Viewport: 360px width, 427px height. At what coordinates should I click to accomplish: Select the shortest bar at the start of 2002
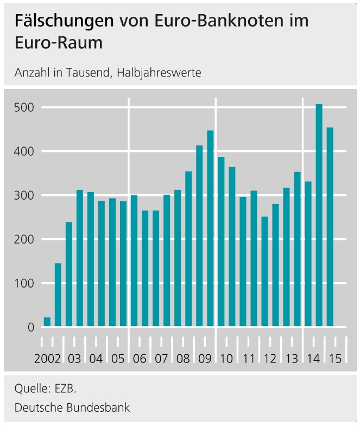click(x=47, y=322)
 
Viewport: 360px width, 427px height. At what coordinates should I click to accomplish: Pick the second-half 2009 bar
click(x=210, y=228)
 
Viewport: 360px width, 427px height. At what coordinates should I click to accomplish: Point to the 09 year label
click(x=205, y=359)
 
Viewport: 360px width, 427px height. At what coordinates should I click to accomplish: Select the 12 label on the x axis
click(x=270, y=359)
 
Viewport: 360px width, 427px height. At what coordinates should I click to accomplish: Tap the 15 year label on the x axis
click(x=335, y=359)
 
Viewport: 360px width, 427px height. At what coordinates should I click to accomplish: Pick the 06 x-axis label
click(x=140, y=359)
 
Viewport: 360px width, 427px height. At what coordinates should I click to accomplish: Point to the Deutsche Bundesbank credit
click(x=72, y=407)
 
